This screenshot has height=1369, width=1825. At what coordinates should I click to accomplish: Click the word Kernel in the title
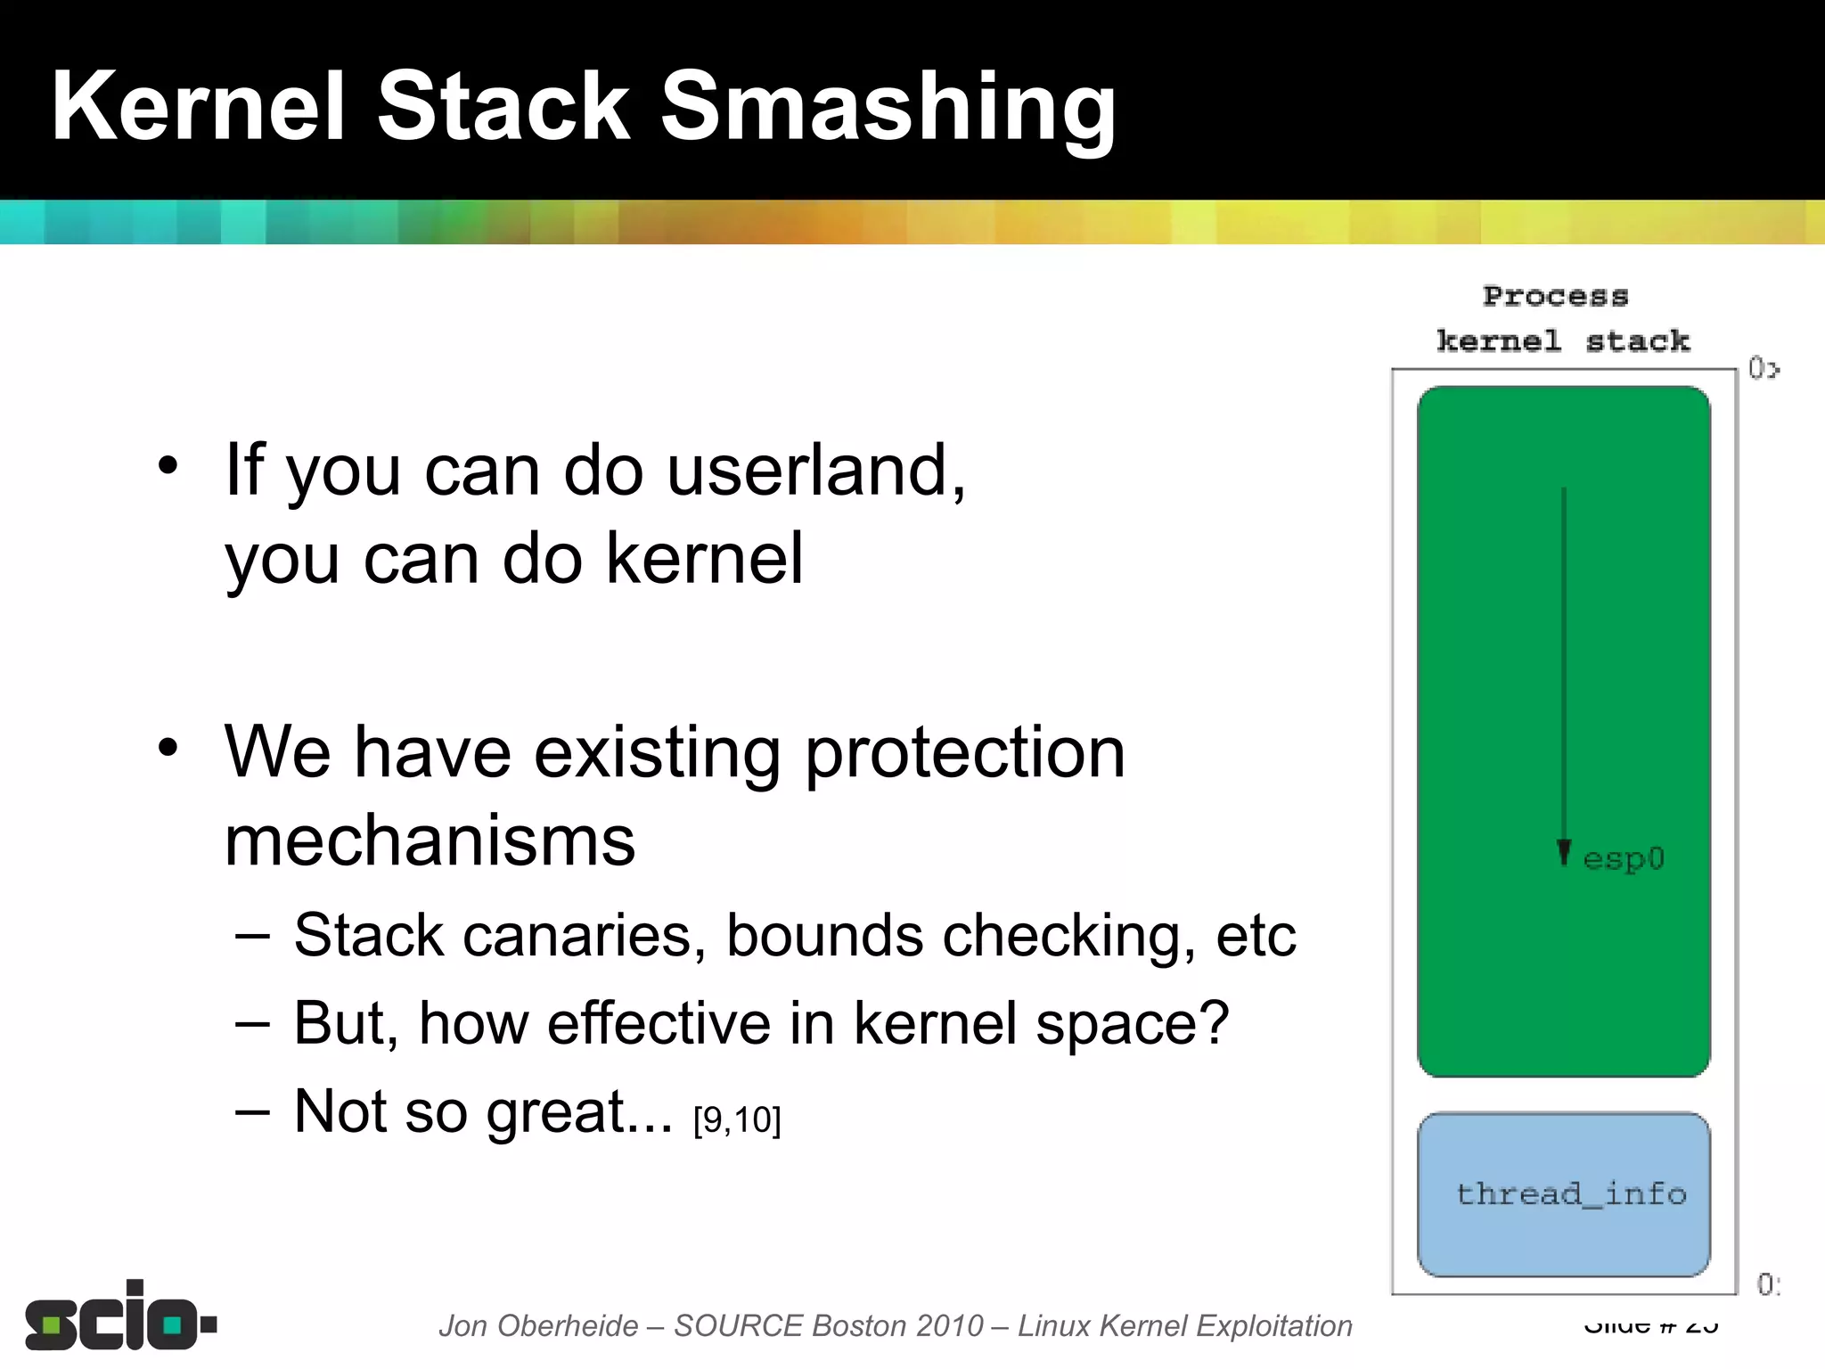pyautogui.click(x=198, y=107)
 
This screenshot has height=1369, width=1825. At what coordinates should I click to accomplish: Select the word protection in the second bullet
pyautogui.click(x=965, y=754)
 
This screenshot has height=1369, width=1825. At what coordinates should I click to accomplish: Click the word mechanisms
pyautogui.click(x=430, y=841)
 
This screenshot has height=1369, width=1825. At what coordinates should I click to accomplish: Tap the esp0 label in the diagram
pyautogui.click(x=1623, y=858)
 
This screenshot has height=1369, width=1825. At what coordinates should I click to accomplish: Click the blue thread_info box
pyautogui.click(x=1564, y=1194)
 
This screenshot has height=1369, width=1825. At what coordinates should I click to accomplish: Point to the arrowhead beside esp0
pyautogui.click(x=1564, y=853)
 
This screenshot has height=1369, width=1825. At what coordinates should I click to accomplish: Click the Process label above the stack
pyautogui.click(x=1555, y=296)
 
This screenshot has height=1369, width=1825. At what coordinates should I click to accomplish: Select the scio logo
pyautogui.click(x=120, y=1317)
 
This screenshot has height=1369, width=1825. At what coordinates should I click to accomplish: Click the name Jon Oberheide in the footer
pyautogui.click(x=538, y=1326)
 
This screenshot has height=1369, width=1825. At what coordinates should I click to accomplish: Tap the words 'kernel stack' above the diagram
pyautogui.click(x=1563, y=341)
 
